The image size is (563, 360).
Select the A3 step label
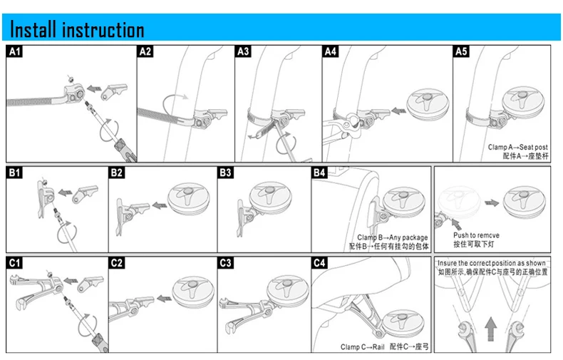[x=243, y=51]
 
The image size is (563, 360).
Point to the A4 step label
[x=330, y=51]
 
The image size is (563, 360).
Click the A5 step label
[x=461, y=51]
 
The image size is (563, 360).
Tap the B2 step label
[x=117, y=173]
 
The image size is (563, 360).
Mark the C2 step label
[x=117, y=263]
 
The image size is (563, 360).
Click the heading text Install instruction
[x=78, y=30]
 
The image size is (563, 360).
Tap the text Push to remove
[x=476, y=235]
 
